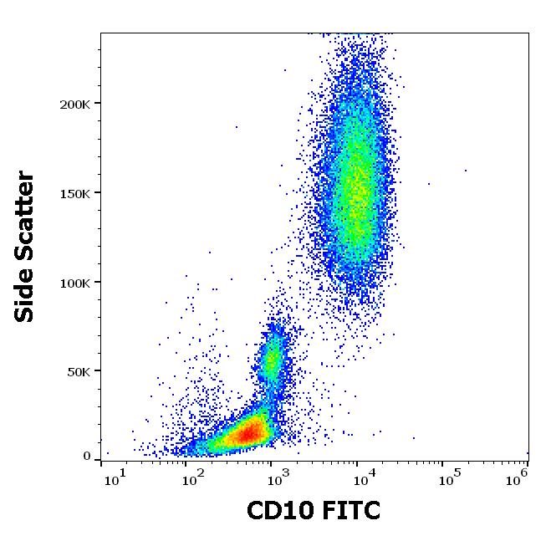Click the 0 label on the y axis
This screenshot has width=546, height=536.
87,457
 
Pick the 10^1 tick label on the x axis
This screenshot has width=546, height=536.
115,477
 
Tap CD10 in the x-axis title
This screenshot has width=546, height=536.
277,509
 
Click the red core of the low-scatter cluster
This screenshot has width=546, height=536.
247,433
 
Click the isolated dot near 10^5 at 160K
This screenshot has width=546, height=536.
466,171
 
